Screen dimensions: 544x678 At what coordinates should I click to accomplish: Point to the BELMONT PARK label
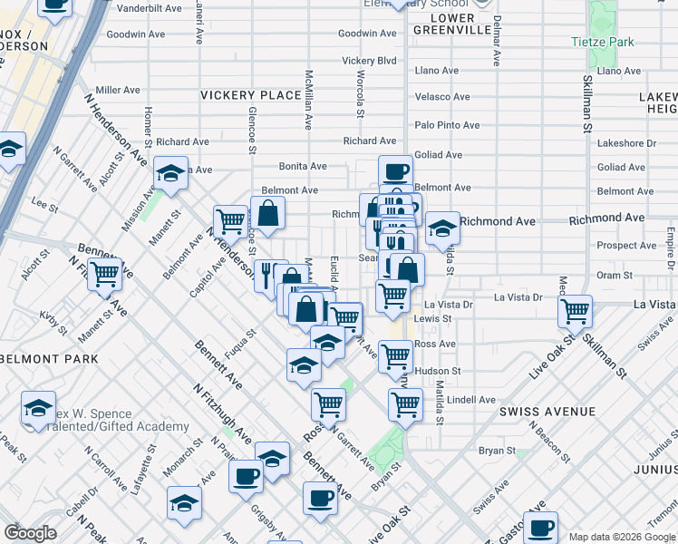(x=49, y=359)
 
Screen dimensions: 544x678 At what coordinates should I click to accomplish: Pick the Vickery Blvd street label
(x=369, y=61)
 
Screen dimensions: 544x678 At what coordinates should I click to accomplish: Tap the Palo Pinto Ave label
(x=447, y=125)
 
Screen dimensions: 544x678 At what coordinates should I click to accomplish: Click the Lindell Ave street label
(x=471, y=400)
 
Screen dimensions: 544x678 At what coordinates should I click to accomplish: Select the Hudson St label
(x=437, y=371)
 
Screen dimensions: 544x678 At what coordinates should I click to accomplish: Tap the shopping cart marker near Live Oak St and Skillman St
(x=575, y=311)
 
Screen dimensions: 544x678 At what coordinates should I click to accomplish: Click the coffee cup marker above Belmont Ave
(x=395, y=170)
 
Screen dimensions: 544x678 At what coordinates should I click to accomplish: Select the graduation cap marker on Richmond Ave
(x=442, y=227)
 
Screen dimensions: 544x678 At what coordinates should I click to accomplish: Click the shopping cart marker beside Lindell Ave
(x=405, y=403)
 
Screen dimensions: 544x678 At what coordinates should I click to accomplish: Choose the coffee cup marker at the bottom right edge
(x=541, y=527)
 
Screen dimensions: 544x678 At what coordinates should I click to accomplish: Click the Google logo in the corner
(x=30, y=533)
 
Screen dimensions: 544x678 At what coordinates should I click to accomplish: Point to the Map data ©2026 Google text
(x=621, y=537)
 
